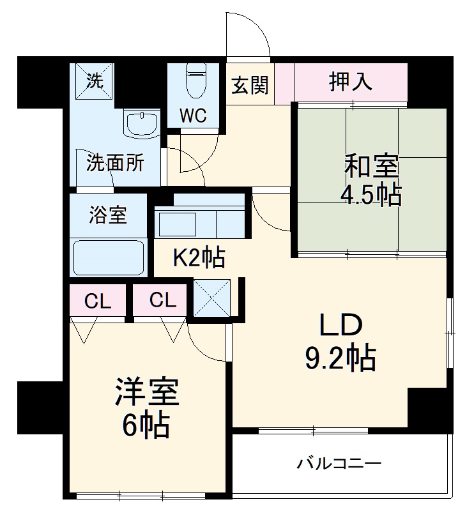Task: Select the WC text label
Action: pos(194,116)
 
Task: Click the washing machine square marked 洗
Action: pos(95,80)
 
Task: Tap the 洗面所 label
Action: pos(116,163)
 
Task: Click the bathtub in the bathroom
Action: pos(109,257)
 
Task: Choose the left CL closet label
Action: pos(98,300)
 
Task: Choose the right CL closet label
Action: pos(160,300)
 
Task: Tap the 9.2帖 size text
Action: pos(339,360)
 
